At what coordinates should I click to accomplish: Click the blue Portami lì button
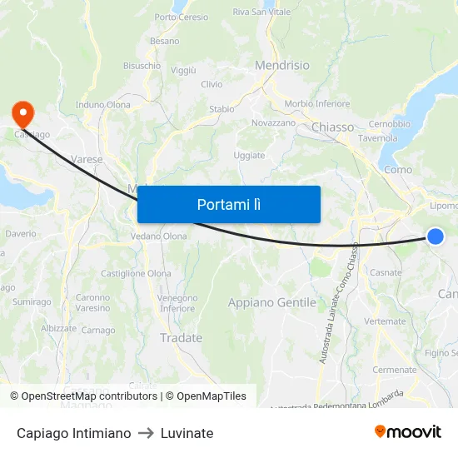tap(228, 204)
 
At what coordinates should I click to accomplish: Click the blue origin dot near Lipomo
tap(436, 236)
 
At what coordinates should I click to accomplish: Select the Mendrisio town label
tap(281, 65)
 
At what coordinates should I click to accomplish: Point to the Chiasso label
tap(332, 127)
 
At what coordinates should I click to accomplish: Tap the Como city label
tap(398, 169)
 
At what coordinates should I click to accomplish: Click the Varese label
tap(87, 159)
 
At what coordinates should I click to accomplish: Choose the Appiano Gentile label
tap(271, 303)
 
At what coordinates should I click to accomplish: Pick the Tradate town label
tap(181, 338)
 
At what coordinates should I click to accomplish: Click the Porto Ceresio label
tap(182, 17)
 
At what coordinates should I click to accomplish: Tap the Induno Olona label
tap(103, 105)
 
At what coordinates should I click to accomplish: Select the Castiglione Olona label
tap(136, 273)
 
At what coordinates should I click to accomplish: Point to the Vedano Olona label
tap(158, 236)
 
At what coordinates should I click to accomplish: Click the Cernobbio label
tap(390, 124)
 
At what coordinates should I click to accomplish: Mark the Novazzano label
tap(274, 122)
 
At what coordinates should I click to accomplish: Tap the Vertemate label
tap(385, 321)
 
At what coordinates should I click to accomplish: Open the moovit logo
tap(408, 432)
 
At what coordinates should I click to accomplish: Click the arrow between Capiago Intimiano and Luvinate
tap(146, 433)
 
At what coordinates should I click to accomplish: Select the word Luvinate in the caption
tap(187, 433)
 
